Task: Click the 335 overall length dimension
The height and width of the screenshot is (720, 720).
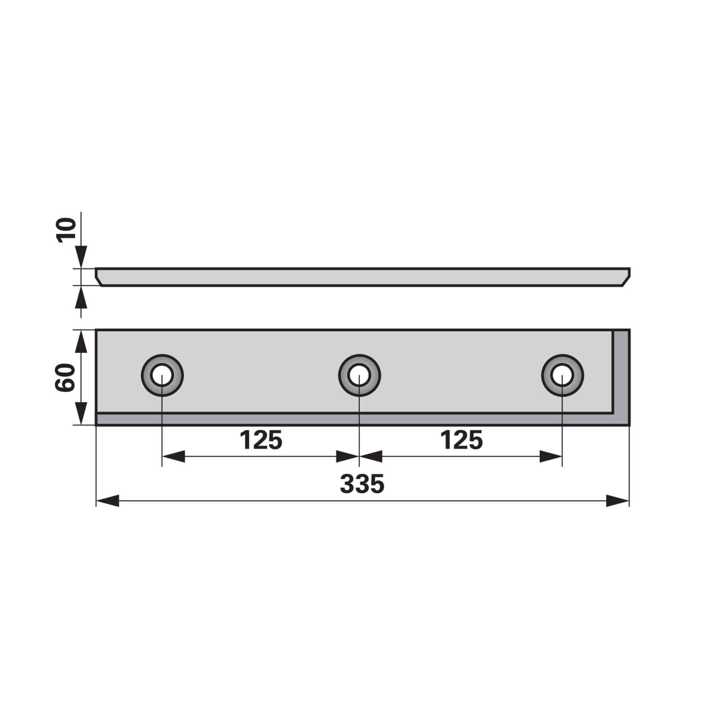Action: [362, 484]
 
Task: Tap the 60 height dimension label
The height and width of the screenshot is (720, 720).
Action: [65, 378]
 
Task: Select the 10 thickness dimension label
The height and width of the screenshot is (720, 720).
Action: [66, 230]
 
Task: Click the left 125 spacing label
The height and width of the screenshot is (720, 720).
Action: [261, 440]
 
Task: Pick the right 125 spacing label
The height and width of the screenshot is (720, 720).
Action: [461, 440]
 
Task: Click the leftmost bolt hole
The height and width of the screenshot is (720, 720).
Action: [162, 375]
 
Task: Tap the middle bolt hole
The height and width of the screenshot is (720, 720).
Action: [359, 375]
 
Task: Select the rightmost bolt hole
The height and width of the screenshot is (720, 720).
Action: [562, 375]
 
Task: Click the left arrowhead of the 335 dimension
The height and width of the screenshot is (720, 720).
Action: [108, 501]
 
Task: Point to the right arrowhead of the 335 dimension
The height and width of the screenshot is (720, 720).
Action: [617, 501]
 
